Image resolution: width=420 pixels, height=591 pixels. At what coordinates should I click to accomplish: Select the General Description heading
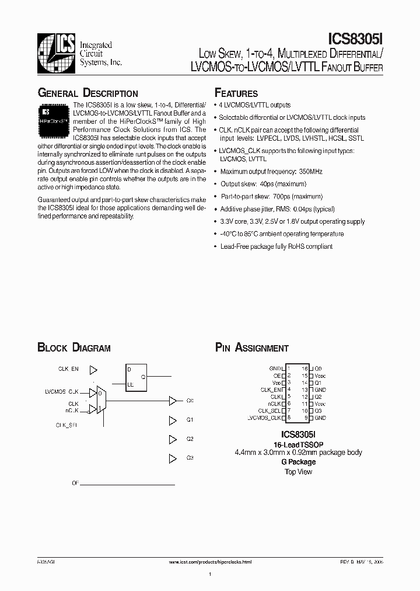coord(87,93)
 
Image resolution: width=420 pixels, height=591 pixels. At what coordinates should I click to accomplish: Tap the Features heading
coord(236,93)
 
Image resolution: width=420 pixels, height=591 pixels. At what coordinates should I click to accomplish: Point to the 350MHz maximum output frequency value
coord(310,172)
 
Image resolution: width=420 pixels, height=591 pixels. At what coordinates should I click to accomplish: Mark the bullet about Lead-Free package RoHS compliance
coord(276,246)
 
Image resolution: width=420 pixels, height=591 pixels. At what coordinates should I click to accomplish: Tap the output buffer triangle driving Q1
coord(172,420)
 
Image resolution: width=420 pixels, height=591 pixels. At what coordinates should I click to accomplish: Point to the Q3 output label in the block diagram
coord(190,458)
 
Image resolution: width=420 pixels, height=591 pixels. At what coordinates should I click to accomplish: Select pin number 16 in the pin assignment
coord(304,369)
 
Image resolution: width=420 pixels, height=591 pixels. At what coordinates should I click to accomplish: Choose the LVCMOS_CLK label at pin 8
coord(264,418)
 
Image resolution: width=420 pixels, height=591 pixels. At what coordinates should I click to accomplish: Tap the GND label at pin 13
coord(320,390)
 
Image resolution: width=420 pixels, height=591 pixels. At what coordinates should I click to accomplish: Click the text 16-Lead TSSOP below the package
coord(298,444)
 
